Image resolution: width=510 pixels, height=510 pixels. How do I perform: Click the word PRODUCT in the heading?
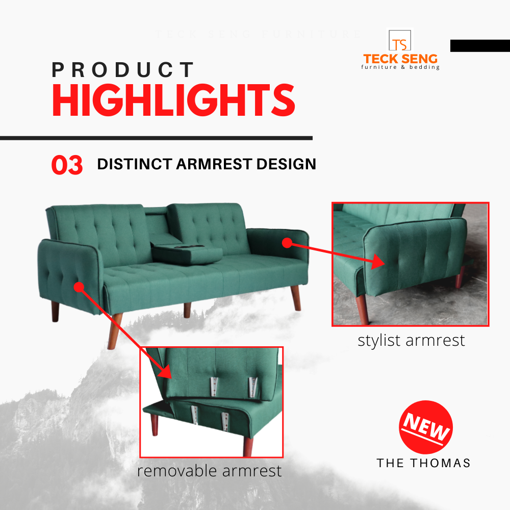[x=122, y=69]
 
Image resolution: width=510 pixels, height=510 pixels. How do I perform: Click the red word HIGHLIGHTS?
[x=173, y=100]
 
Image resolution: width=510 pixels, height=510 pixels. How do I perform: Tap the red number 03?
[x=67, y=165]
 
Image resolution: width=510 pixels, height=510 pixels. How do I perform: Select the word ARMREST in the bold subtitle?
[x=214, y=164]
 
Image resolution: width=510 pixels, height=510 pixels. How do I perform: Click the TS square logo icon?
[x=400, y=40]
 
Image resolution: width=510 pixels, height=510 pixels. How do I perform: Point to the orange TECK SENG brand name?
[x=400, y=59]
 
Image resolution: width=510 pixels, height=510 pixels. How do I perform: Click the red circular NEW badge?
[x=426, y=427]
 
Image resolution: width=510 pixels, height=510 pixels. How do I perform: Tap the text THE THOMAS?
[x=423, y=463]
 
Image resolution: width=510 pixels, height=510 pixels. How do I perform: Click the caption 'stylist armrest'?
[x=411, y=341]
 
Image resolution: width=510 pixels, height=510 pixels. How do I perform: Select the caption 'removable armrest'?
[x=209, y=471]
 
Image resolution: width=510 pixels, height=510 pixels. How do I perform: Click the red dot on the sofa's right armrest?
[x=287, y=243]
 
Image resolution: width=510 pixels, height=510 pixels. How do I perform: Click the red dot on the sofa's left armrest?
[x=79, y=287]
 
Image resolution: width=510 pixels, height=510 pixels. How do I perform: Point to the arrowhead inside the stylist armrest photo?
[x=378, y=261]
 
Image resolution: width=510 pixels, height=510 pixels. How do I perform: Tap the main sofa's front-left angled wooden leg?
[x=114, y=331]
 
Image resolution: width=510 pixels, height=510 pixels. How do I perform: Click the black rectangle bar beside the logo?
[x=480, y=45]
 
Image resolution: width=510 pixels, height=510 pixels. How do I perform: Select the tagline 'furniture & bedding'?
[x=400, y=67]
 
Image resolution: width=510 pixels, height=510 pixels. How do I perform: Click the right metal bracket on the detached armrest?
[x=253, y=387]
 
